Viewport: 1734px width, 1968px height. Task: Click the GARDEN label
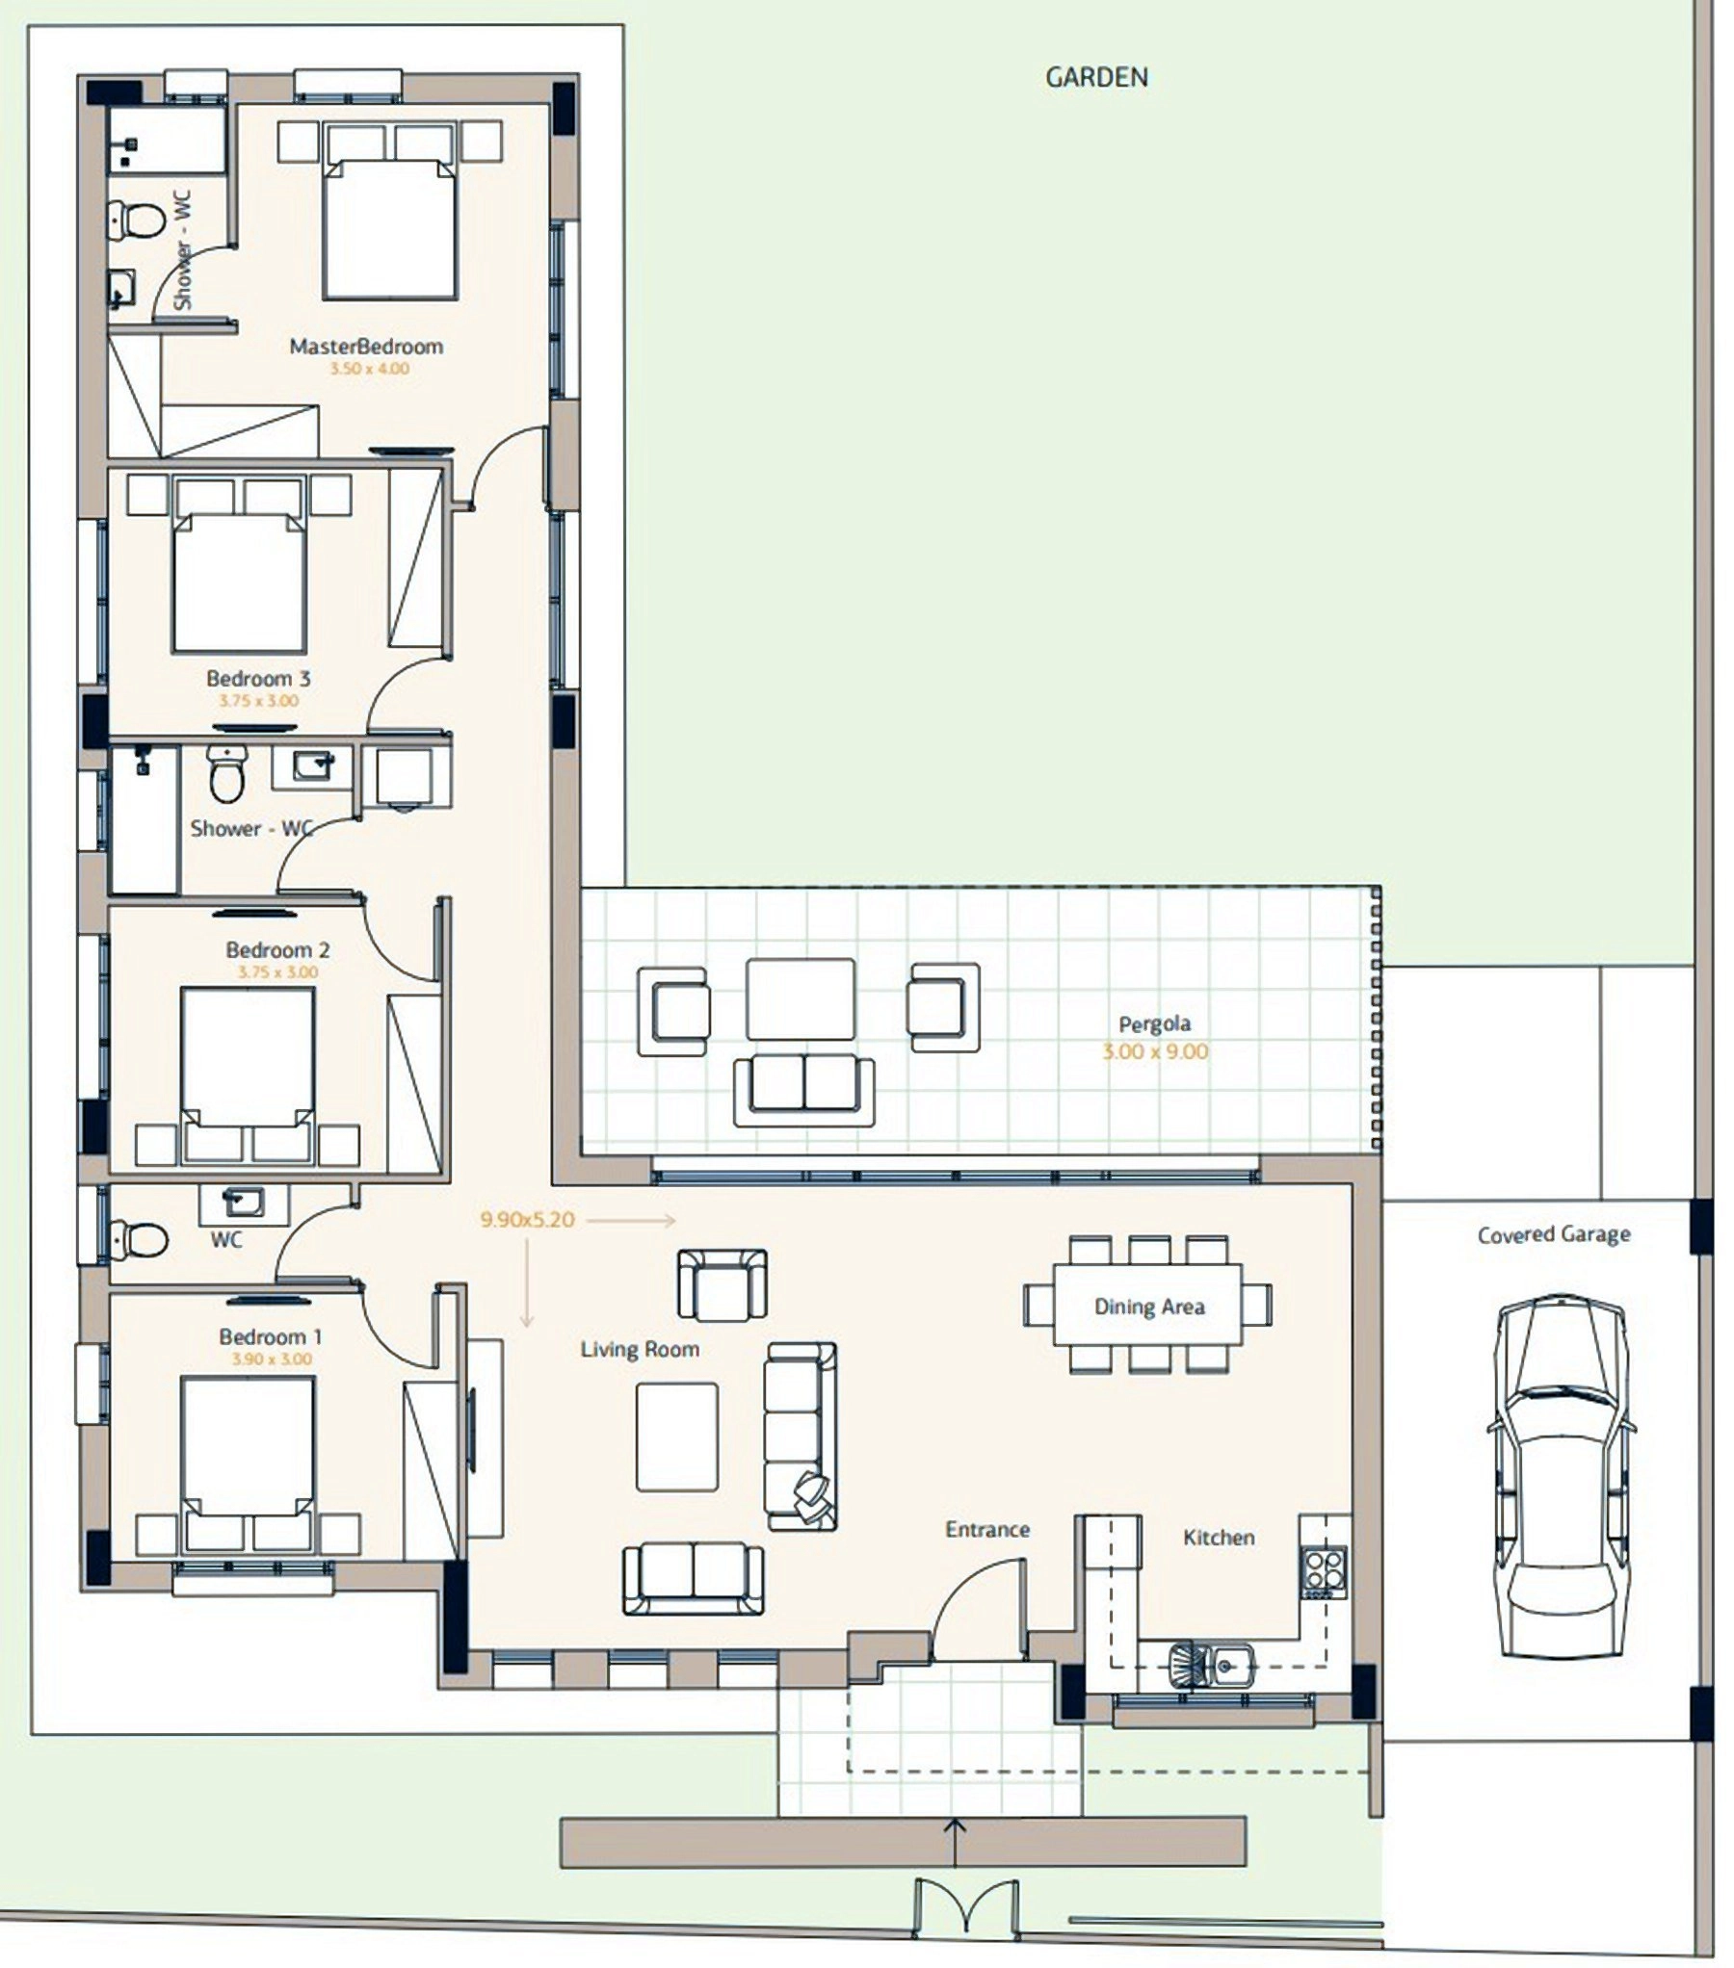coord(1096,77)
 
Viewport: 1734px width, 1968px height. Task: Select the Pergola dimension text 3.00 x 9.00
coord(1155,1051)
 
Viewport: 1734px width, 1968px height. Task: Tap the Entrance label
coord(987,1529)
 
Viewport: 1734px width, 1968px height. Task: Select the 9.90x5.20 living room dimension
coord(527,1220)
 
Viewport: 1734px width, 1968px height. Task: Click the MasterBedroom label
coord(366,347)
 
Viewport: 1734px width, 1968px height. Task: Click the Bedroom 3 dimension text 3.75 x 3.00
coord(258,701)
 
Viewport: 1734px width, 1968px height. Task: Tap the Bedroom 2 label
coord(277,950)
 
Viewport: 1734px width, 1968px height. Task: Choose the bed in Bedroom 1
coord(248,1463)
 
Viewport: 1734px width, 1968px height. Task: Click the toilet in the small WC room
coord(138,1239)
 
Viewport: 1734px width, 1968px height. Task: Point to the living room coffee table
coord(676,1437)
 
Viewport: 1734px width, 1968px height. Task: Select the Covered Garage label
coord(1554,1234)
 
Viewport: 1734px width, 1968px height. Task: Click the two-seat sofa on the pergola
coord(803,1090)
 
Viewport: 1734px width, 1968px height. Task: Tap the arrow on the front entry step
coord(955,1841)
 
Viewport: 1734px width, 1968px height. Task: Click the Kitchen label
coord(1219,1538)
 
